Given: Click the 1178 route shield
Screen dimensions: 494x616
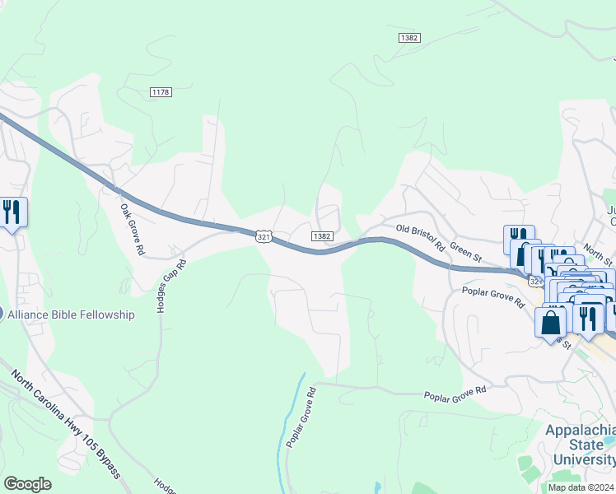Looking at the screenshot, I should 161,92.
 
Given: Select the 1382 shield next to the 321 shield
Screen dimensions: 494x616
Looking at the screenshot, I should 322,236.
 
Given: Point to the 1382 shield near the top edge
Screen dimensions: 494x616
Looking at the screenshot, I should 408,38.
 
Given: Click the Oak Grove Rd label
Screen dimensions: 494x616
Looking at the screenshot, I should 132,230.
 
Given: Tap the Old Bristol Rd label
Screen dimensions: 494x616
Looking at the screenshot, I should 420,236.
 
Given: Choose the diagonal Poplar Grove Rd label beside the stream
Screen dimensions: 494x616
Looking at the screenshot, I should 301,417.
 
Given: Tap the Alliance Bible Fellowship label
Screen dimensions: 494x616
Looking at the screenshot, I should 70,315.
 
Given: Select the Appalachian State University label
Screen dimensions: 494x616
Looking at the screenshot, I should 581,445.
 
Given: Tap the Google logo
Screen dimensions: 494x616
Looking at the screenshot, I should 27,484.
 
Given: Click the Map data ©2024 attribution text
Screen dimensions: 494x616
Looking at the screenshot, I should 581,487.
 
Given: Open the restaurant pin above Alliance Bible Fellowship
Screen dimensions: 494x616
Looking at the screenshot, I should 12,213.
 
